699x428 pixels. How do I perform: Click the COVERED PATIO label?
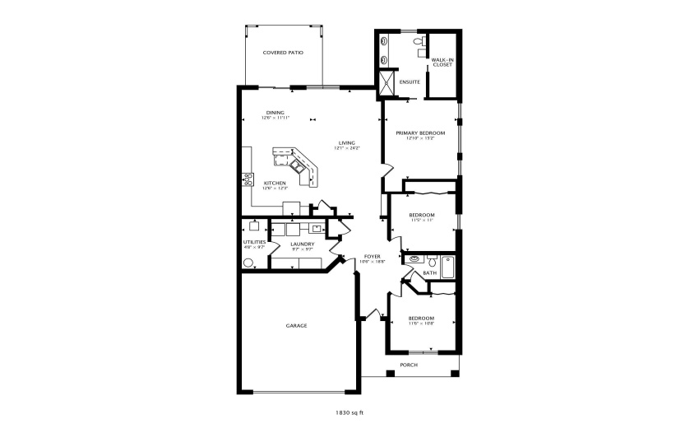283,53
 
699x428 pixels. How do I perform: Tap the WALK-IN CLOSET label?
442,63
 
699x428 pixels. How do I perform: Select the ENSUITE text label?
410,82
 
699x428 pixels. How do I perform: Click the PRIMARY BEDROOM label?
420,133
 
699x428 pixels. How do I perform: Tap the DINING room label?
275,112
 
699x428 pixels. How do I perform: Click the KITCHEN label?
275,183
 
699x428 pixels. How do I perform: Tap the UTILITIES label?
254,241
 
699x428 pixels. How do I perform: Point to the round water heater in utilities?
248,263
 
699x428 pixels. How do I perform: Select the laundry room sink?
316,229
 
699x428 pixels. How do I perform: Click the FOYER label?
372,257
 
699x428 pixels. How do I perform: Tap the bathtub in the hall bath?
447,267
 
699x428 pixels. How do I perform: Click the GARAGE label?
296,326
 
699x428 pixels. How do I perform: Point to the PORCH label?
409,365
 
